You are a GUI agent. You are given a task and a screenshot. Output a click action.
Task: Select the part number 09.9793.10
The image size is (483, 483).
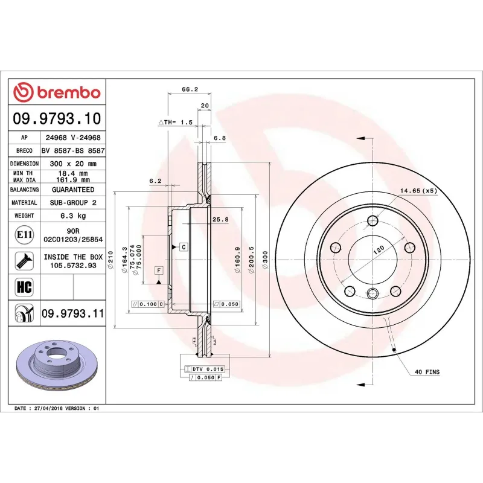57,119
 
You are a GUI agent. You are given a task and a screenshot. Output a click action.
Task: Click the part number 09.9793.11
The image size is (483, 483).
72,314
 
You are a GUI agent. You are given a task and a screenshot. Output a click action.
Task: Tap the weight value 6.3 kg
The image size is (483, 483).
73,216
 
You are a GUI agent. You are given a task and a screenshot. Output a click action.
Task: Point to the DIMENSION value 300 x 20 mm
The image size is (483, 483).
73,164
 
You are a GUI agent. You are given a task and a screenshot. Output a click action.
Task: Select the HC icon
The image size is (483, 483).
24,286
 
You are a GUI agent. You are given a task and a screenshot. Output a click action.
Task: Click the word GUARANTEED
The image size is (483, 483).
73,190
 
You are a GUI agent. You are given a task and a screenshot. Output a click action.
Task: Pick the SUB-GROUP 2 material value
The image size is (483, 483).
73,203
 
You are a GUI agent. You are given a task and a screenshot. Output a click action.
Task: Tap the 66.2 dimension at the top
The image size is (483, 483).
189,89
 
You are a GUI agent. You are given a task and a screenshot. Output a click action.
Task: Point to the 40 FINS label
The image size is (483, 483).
427,372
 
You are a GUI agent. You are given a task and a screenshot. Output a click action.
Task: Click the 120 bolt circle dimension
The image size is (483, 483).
378,250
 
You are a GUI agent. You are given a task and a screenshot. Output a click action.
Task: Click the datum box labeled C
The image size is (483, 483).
182,246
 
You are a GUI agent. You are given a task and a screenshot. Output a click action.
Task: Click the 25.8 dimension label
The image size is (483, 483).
221,220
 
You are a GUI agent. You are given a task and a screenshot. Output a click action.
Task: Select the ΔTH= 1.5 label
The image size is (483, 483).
175,122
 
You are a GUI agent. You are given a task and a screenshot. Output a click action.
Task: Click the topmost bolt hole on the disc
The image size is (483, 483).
372,220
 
